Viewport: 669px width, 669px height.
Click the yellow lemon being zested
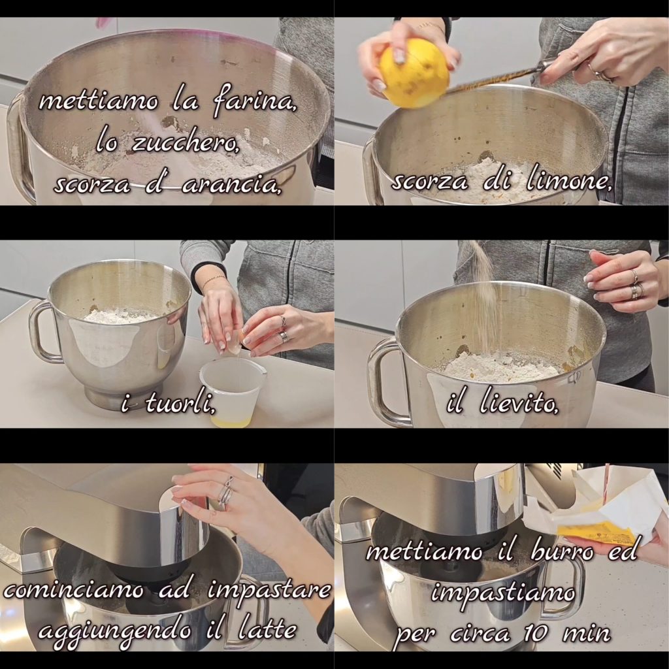tap(414, 73)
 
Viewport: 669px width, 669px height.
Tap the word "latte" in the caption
tap(267, 629)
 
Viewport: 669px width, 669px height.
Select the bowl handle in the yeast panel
tap(381, 381)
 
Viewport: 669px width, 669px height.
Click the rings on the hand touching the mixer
tap(225, 493)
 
